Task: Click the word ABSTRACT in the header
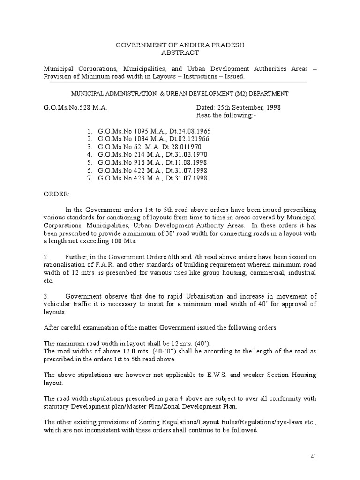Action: pos(180,53)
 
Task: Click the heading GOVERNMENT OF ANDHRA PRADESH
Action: pos(180,45)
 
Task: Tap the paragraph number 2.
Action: pos(46,256)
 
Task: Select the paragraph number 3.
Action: pos(46,296)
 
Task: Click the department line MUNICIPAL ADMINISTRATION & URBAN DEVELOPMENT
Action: pos(180,94)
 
